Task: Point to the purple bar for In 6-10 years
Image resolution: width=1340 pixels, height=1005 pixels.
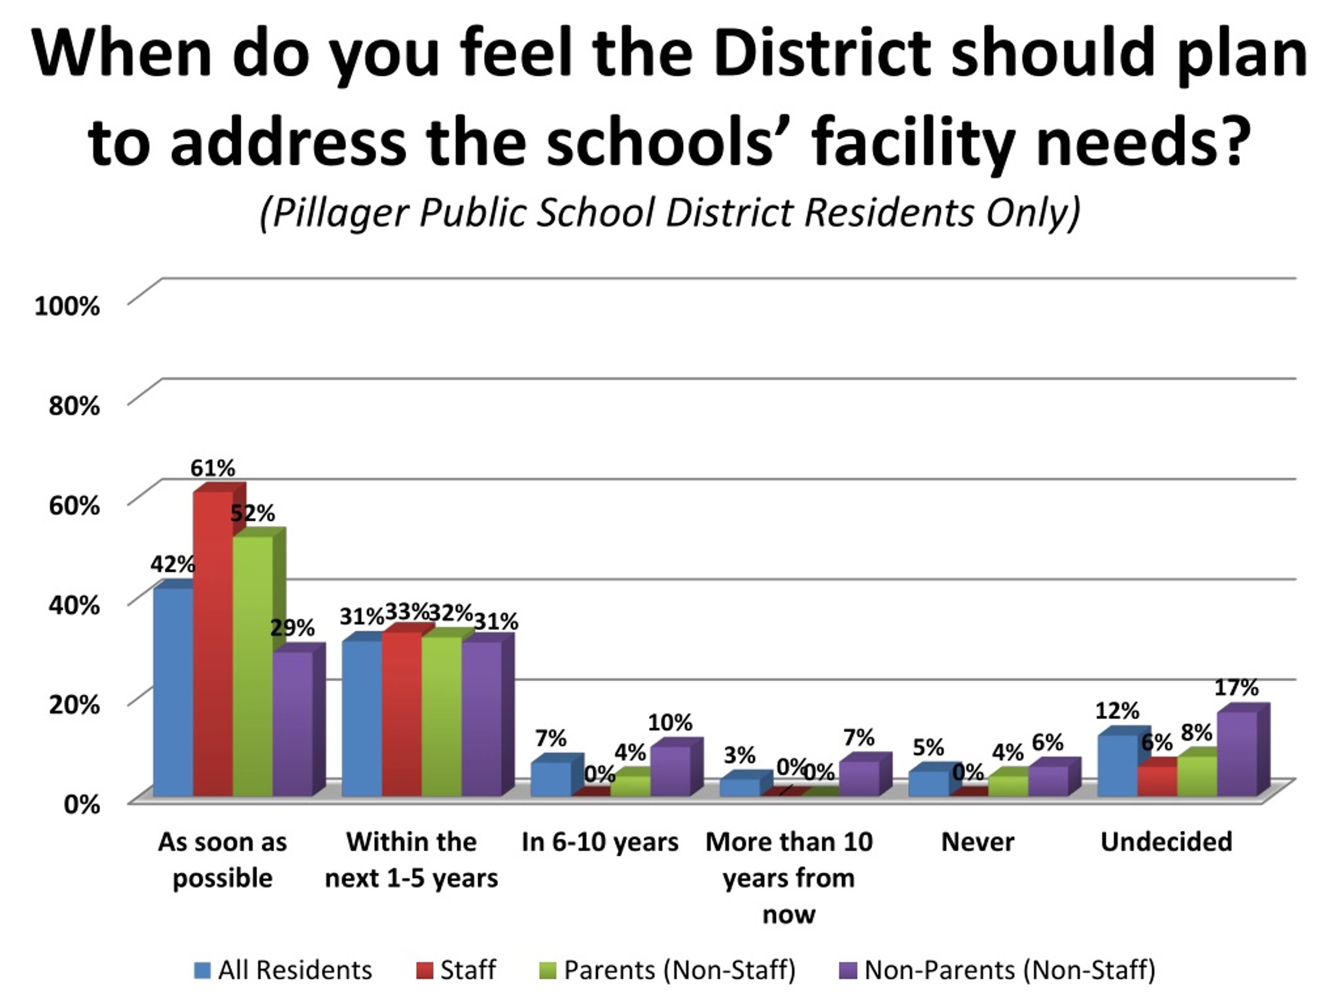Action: point(671,770)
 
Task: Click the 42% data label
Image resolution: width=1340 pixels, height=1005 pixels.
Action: point(173,565)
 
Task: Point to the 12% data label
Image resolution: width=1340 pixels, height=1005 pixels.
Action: point(1117,710)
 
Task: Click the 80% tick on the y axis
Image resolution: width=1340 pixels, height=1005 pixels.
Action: point(74,405)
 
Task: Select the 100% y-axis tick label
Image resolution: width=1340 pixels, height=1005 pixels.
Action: point(67,305)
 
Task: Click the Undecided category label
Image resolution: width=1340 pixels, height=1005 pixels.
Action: point(1166,842)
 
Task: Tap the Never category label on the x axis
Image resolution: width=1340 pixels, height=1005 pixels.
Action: point(978,842)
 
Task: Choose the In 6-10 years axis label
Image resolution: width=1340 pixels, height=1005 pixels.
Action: point(600,842)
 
